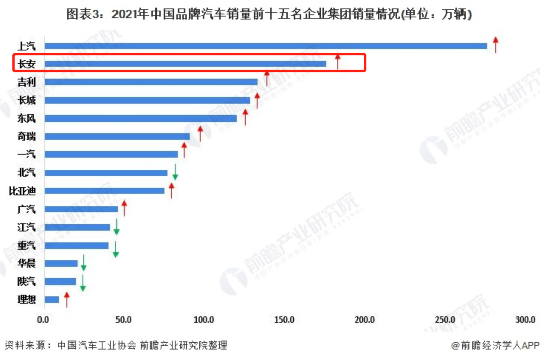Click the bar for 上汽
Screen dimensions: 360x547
265,46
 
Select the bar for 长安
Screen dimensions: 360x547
185,64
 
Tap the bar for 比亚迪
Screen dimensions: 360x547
104,191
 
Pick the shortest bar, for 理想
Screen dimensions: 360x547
52,299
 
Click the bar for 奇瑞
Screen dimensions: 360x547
117,136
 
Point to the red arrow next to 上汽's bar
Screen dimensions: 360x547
496,45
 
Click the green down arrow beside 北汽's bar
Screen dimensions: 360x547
175,172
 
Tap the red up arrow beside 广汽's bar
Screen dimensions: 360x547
124,208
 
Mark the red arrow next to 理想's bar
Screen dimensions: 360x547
66,299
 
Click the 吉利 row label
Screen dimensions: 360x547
26,82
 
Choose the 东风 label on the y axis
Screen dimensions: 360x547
26,118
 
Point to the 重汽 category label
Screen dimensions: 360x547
26,245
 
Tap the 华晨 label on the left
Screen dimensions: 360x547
26,263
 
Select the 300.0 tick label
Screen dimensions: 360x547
525,319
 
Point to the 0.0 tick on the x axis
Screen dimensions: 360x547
44,319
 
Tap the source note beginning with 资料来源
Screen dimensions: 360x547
115,345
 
